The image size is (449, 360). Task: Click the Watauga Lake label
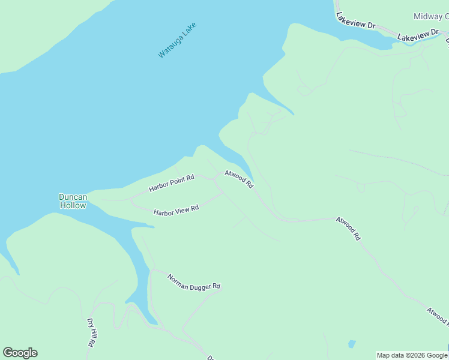[x=177, y=40]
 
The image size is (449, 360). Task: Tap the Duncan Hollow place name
[x=73, y=201]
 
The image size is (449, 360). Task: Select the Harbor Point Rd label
[x=172, y=183]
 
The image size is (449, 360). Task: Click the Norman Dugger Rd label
[x=194, y=282]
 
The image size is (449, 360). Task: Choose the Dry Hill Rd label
[x=91, y=332]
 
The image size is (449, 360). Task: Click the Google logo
[x=20, y=353]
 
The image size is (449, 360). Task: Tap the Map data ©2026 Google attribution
[x=412, y=355]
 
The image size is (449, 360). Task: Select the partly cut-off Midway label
[x=430, y=16]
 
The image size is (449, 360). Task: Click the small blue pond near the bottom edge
[x=352, y=344]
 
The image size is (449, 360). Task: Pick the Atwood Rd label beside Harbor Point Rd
[x=239, y=179]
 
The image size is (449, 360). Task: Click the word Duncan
[x=73, y=197]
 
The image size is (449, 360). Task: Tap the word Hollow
[x=73, y=205]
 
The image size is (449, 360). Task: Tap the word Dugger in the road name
[x=202, y=283]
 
